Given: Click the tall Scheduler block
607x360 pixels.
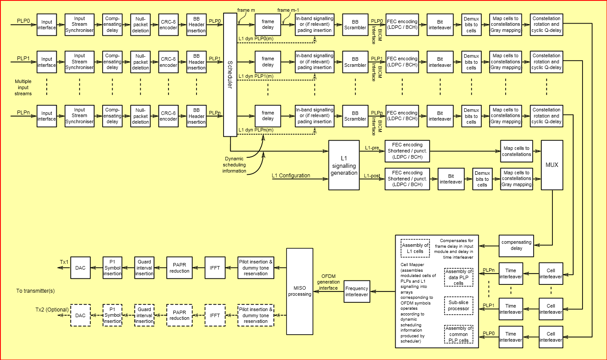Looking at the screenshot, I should [x=230, y=74].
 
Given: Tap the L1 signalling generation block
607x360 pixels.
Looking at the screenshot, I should [x=344, y=166].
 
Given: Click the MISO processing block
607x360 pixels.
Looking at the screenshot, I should [x=300, y=291].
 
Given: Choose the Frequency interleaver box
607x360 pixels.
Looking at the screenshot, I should [x=357, y=291].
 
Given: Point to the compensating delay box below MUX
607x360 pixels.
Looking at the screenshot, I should [x=517, y=245].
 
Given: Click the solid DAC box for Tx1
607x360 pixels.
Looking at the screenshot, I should [x=80, y=268].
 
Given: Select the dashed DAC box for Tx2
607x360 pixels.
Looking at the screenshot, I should [x=80, y=315].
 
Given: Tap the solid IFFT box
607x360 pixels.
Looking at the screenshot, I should [x=215, y=268].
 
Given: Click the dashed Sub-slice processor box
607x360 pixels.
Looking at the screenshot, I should [x=459, y=305].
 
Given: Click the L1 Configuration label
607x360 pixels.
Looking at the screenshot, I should [x=291, y=176].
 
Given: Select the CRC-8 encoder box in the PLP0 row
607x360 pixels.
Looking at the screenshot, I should [x=168, y=24].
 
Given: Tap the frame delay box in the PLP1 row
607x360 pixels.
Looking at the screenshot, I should [x=268, y=62].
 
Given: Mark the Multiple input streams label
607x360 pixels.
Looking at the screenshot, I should [x=23, y=87].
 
